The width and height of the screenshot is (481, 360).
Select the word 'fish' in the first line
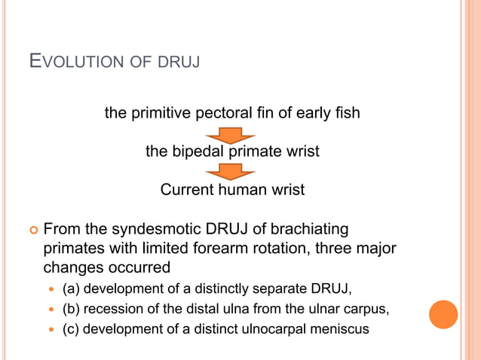coord(346,114)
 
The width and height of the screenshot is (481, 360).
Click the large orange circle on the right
coord(443,314)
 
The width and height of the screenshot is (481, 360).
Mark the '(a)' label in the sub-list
coord(71,288)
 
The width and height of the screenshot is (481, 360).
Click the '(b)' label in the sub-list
coord(71,308)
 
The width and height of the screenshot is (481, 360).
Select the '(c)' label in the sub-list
coord(71,328)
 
